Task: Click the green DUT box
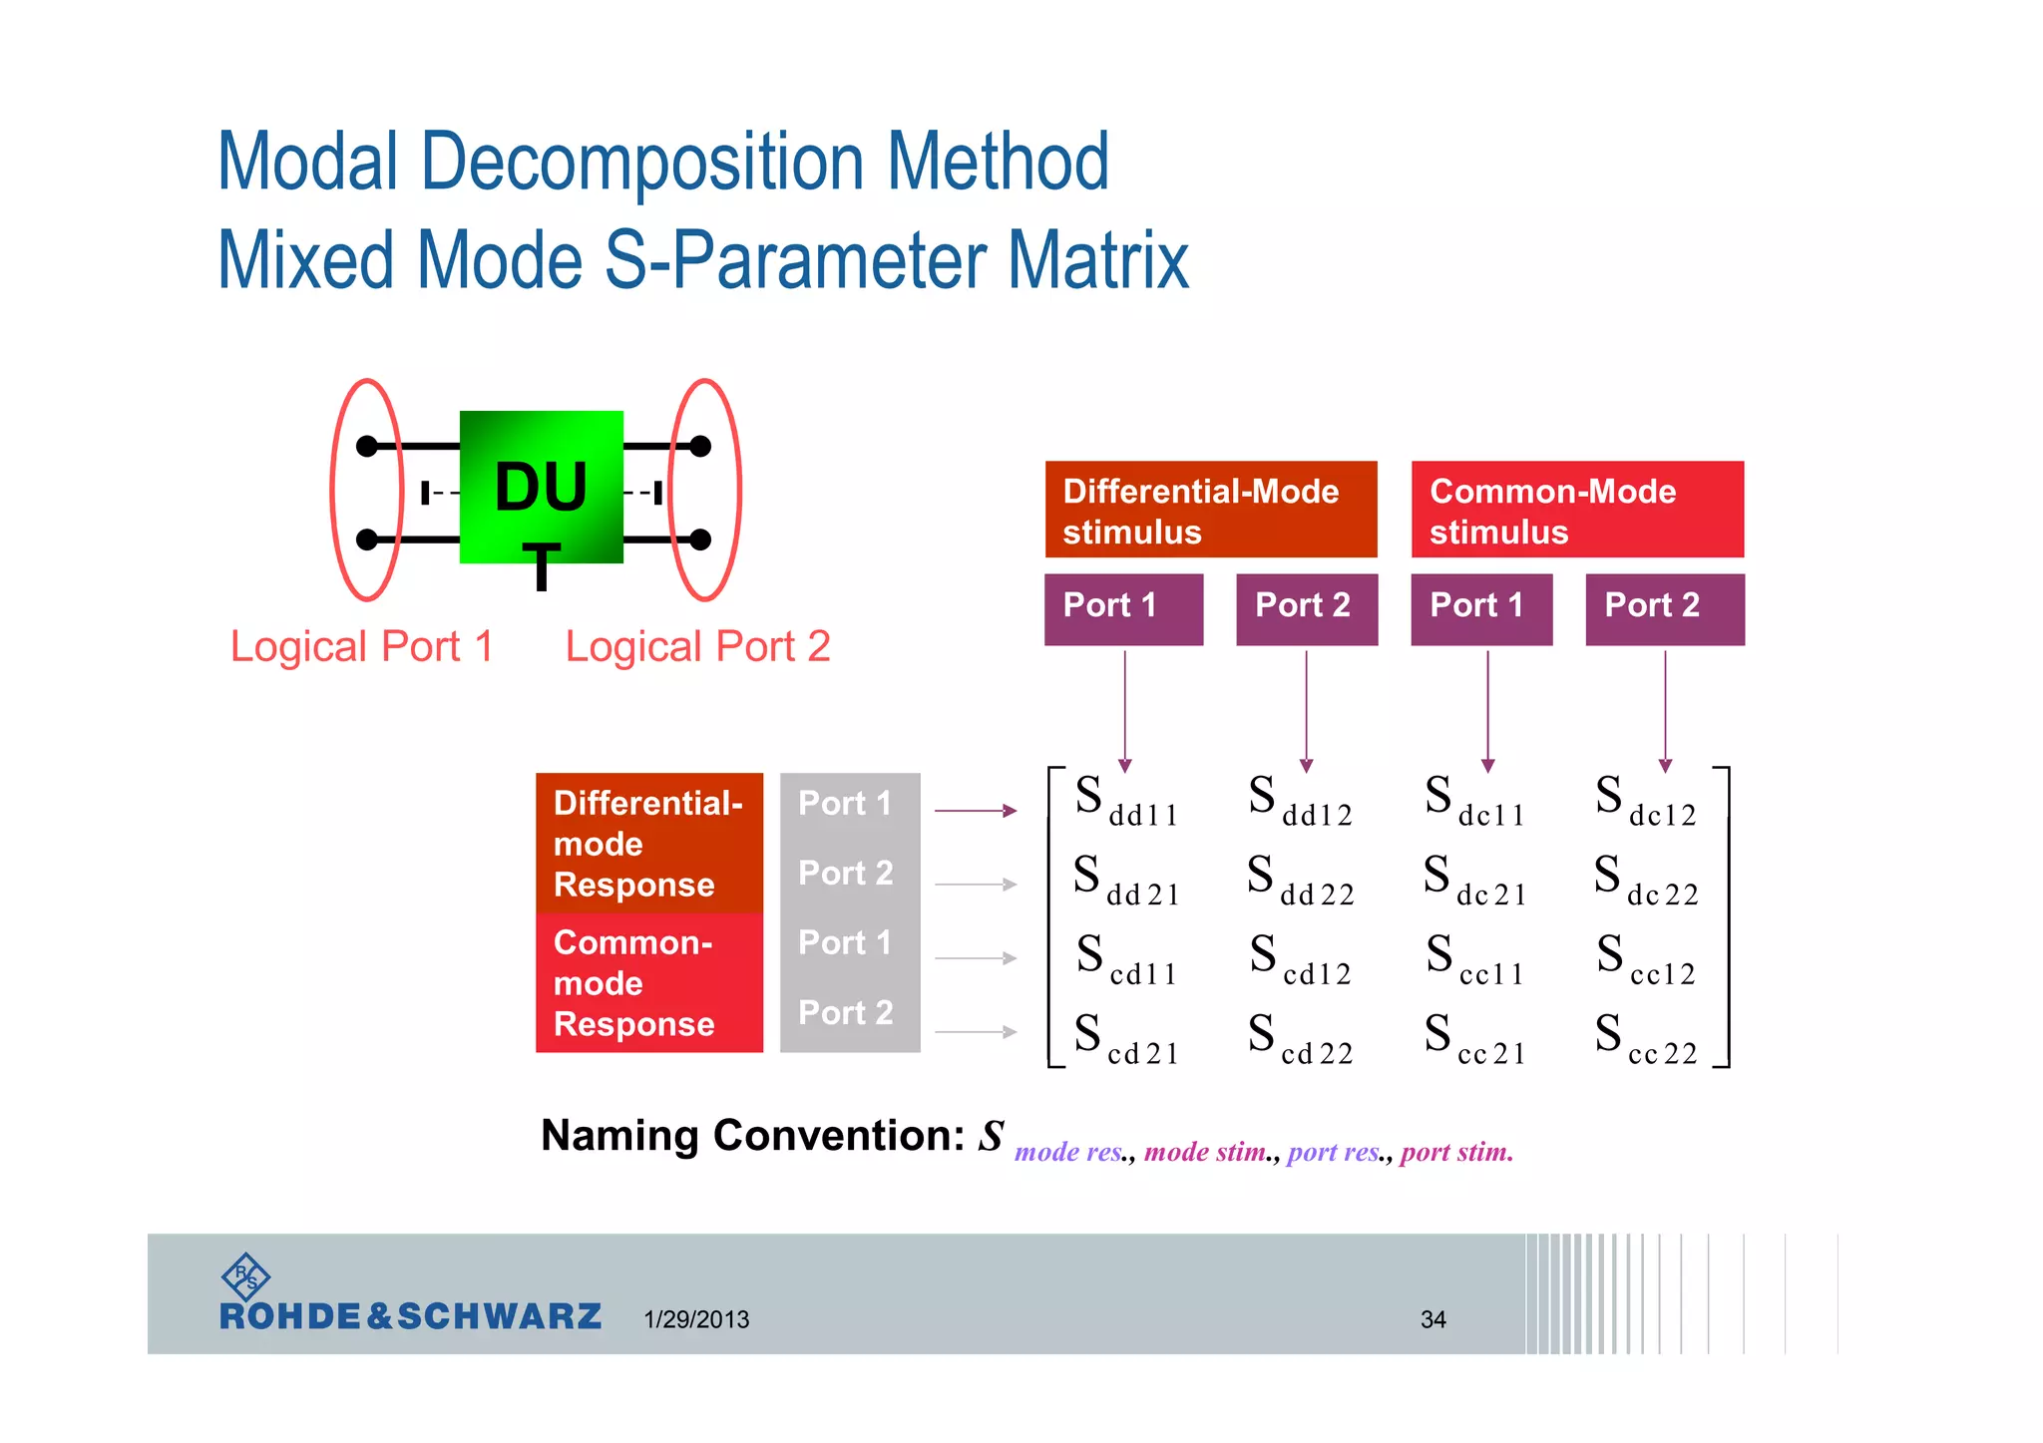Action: [x=541, y=487]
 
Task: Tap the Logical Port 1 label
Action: [x=362, y=646]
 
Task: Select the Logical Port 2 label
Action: [x=697, y=646]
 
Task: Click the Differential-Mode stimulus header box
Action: [x=1210, y=510]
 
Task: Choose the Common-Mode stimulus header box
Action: [x=1577, y=510]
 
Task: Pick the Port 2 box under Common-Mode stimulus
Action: [x=1664, y=608]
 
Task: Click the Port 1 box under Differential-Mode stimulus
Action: [x=1123, y=608]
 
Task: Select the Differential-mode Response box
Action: [x=648, y=843]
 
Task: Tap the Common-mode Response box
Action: [x=648, y=982]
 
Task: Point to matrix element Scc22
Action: [x=1646, y=1039]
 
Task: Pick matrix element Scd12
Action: [x=1300, y=959]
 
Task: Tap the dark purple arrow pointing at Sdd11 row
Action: [x=975, y=811]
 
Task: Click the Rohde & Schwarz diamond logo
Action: [x=245, y=1276]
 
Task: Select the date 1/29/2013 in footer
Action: [x=696, y=1319]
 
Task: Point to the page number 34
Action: [x=1432, y=1319]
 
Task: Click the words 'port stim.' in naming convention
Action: [x=1455, y=1153]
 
